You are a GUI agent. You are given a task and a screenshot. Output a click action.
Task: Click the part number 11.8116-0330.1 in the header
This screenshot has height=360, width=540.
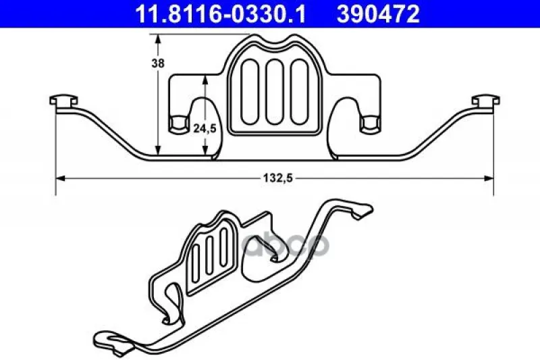[220, 14]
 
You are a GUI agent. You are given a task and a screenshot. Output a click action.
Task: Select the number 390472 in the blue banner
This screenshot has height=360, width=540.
[378, 14]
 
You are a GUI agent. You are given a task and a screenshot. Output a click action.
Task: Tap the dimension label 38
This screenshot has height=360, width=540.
[158, 63]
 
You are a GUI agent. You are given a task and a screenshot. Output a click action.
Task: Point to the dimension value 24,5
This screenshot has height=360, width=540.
[205, 128]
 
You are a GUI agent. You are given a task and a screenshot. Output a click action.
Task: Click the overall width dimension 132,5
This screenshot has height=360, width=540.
[277, 178]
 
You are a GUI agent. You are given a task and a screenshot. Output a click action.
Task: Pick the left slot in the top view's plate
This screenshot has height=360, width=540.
[249, 92]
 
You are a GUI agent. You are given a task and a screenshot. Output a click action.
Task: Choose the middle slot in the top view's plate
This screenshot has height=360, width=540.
[274, 92]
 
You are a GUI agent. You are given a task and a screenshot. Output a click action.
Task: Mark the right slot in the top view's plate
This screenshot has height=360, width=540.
[299, 92]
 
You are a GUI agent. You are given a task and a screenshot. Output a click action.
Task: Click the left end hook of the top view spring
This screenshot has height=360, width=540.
[63, 101]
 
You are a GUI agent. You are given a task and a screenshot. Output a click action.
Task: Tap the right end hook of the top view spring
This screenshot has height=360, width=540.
[485, 101]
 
